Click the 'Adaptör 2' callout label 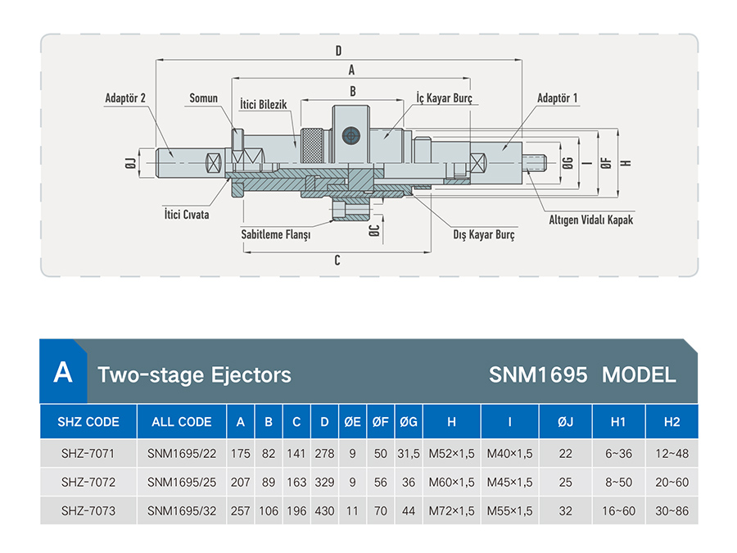(x=125, y=98)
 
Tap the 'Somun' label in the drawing (x=204, y=98)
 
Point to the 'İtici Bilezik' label (x=263, y=104)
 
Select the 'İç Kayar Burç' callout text (x=444, y=97)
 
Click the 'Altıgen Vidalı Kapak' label (x=590, y=220)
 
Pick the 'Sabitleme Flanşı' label (x=276, y=234)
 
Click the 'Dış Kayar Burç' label (x=484, y=234)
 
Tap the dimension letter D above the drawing (x=338, y=51)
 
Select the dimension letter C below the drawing (x=337, y=260)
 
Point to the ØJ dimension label (x=131, y=163)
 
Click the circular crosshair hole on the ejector (x=350, y=136)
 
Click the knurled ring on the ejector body (x=312, y=145)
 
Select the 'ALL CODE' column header (x=182, y=422)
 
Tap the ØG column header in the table (x=409, y=422)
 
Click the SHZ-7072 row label (x=88, y=482)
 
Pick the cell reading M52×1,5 (x=452, y=453)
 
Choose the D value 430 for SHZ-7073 (x=324, y=510)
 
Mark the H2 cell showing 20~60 (x=671, y=482)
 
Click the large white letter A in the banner (x=63, y=373)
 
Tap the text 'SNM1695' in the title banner (x=538, y=374)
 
